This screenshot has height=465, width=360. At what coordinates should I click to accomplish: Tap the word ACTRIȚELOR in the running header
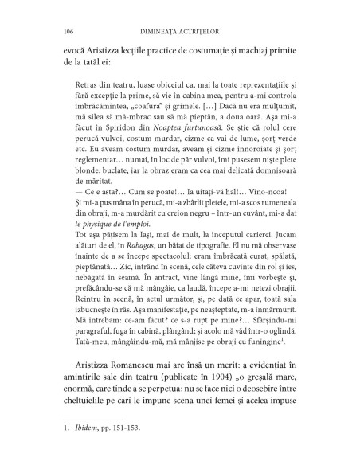[204, 31]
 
